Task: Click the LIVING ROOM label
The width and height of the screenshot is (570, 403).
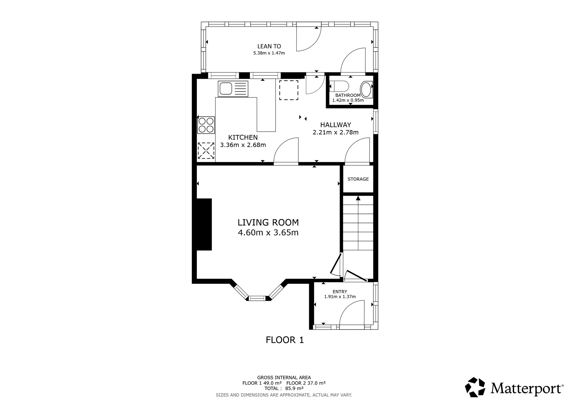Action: (x=268, y=222)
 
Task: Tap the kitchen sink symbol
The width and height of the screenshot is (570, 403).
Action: (x=233, y=89)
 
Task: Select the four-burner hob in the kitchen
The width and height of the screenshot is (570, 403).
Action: (x=206, y=125)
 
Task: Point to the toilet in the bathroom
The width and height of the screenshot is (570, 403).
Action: (x=339, y=86)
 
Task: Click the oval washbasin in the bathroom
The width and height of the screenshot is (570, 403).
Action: (x=366, y=89)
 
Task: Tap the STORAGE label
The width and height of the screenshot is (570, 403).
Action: (x=358, y=179)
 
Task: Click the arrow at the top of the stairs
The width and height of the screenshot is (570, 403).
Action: (x=358, y=198)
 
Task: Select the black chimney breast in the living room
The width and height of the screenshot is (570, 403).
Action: (x=204, y=224)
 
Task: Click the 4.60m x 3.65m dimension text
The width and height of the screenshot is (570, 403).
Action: (x=268, y=232)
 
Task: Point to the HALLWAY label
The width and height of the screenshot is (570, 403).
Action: (x=335, y=125)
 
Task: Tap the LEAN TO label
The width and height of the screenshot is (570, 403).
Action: (x=269, y=46)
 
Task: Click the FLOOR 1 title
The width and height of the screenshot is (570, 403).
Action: (x=285, y=340)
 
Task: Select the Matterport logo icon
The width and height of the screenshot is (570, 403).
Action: (x=475, y=387)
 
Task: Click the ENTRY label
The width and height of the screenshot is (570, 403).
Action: (x=340, y=292)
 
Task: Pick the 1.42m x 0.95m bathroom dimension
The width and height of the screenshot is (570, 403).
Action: (x=348, y=100)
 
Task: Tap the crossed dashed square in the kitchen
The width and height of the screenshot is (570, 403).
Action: (x=206, y=151)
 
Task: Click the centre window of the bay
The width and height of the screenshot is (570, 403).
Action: (x=257, y=298)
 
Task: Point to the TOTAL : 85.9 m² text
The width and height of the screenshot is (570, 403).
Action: (x=284, y=388)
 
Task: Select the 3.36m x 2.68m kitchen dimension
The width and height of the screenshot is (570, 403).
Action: (x=243, y=145)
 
